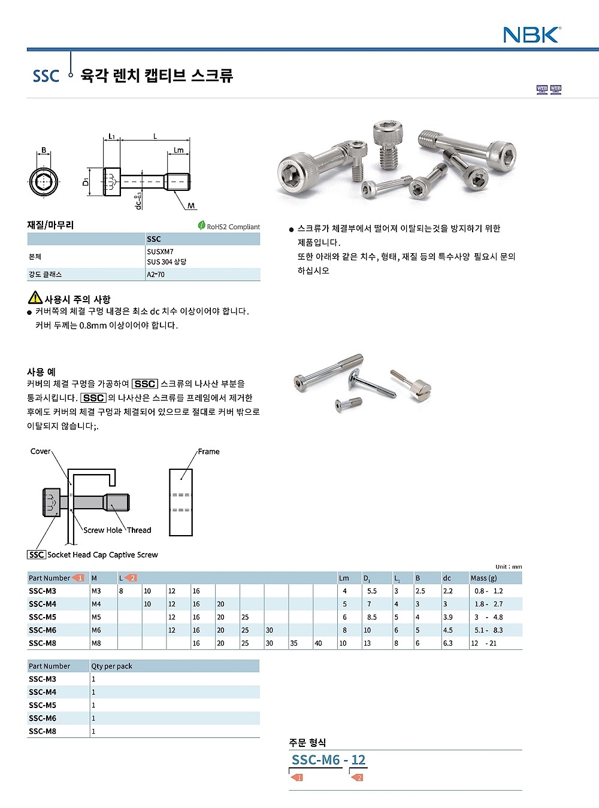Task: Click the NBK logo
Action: click(531, 35)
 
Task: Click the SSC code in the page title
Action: click(46, 76)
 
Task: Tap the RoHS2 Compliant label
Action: click(229, 227)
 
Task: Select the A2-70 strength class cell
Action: click(156, 275)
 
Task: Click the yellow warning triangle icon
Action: click(35, 297)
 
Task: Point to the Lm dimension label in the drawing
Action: click(179, 150)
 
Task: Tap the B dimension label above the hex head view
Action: click(44, 150)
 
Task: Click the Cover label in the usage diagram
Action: click(40, 451)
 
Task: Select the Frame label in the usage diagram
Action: click(208, 452)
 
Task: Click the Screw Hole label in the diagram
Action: click(102, 530)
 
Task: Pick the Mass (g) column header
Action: click(483, 578)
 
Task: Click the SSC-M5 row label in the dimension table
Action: click(43, 617)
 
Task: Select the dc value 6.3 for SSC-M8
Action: click(447, 643)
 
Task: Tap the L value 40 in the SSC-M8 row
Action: click(318, 643)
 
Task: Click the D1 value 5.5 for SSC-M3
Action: click(371, 591)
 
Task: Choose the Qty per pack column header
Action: click(111, 666)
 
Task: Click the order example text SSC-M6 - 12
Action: click(328, 760)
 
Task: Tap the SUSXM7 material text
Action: click(160, 252)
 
